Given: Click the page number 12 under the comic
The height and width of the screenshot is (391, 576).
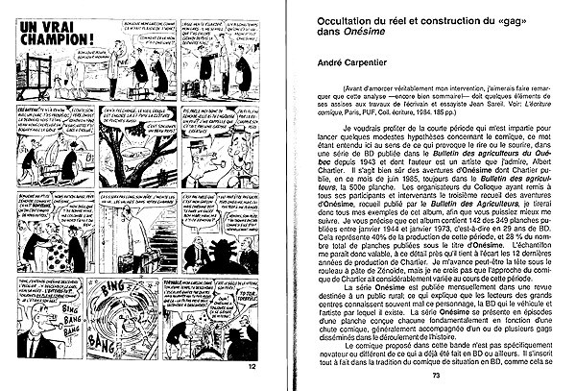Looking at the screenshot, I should (252, 366).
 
